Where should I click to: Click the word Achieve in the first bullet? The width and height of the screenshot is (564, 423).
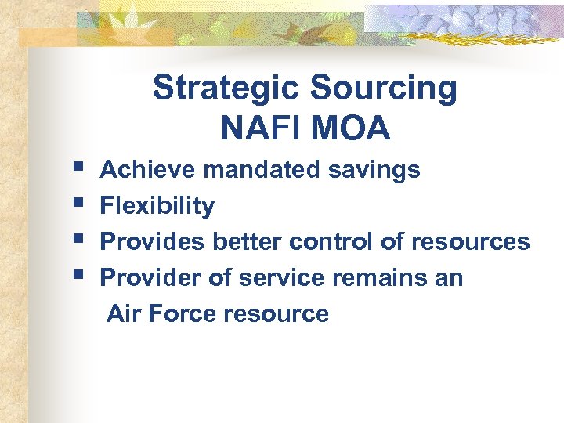[145, 169]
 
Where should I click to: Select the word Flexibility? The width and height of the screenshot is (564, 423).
[157, 206]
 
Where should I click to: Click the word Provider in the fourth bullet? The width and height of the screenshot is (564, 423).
[150, 278]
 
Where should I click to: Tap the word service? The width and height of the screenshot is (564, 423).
[277, 278]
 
